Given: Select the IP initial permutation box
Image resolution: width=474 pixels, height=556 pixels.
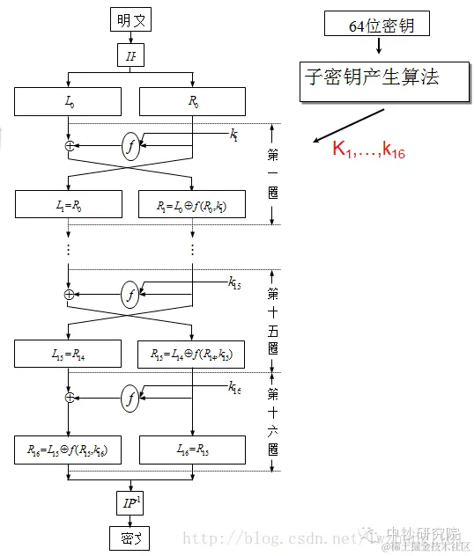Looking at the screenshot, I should pos(131,57).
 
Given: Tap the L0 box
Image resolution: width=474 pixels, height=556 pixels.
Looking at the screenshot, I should pos(69,102).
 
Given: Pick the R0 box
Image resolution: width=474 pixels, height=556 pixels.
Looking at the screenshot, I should pos(193,102).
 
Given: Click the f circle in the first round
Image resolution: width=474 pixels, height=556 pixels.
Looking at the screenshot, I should pos(131,148).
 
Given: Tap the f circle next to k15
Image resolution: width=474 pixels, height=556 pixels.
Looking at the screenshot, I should pos(131,295).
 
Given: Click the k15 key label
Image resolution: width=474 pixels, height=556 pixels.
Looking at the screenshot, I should pos(233,282).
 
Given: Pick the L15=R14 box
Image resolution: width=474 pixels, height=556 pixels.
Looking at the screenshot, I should pos(69,355).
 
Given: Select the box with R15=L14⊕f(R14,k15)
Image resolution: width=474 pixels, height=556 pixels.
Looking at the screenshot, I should pos(193,355).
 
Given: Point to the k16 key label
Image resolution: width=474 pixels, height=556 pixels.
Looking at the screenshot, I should pos(234,387).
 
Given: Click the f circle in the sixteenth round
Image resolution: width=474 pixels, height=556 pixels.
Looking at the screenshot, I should pos(131,399).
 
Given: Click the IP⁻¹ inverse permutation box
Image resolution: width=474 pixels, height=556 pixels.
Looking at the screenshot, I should pos(131,503).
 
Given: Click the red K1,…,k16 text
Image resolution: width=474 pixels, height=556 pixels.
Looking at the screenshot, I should pos(368,150).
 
